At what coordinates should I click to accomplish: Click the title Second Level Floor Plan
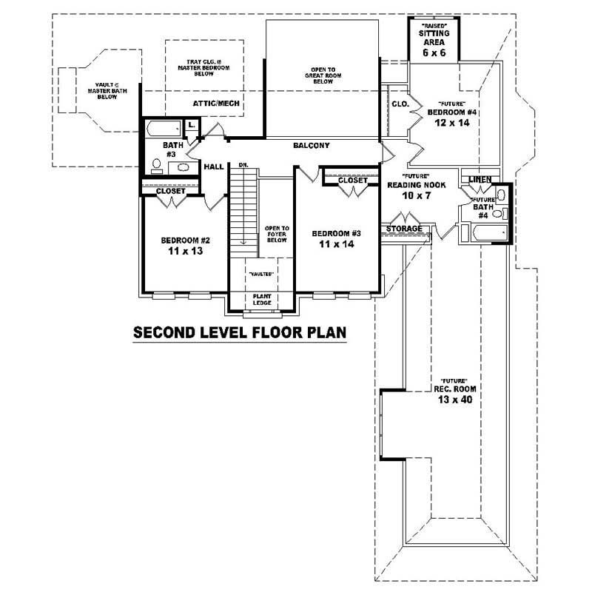point(240,332)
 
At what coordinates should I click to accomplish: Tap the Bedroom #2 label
point(186,240)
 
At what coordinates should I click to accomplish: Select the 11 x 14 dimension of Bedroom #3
point(336,243)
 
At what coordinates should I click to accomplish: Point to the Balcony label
point(311,146)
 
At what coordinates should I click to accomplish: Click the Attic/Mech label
point(216,104)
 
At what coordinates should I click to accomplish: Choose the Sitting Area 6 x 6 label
point(434,44)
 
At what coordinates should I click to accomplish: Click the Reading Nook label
point(417,185)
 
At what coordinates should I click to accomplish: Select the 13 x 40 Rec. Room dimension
point(454,400)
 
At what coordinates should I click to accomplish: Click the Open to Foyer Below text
point(276,234)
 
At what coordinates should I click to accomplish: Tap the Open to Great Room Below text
point(322,76)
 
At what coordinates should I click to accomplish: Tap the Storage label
point(403,229)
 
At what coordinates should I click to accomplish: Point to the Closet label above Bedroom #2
point(170,191)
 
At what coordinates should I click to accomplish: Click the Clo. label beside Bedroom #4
point(400,104)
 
